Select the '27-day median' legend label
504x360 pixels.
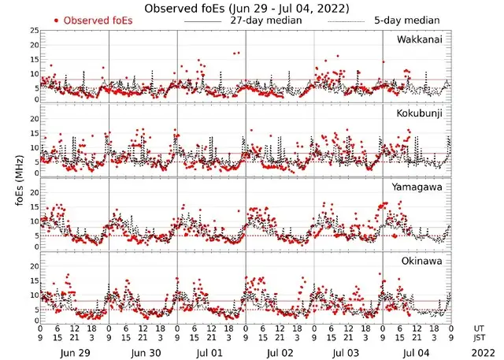[x=266, y=19]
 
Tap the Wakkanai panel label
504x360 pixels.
[x=419, y=39]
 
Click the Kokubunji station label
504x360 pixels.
[x=419, y=113]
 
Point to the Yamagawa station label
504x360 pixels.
[x=418, y=187]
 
